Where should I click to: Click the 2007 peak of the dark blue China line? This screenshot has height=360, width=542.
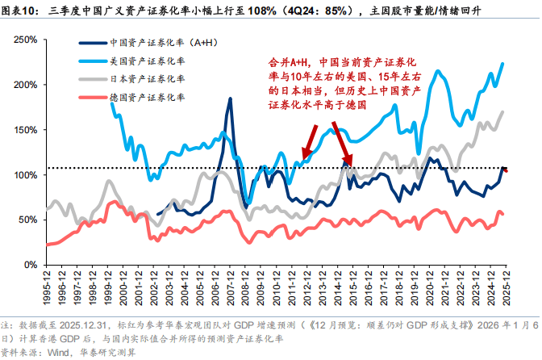231,99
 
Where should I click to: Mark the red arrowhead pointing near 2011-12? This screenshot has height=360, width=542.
303,158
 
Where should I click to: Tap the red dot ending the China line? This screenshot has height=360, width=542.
506,170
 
